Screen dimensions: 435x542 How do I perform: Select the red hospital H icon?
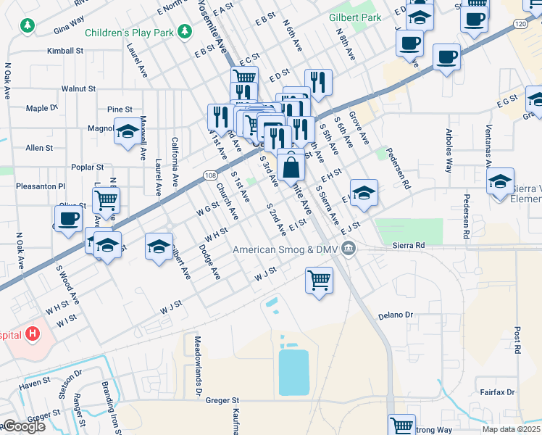32,333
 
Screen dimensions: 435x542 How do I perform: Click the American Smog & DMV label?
286,249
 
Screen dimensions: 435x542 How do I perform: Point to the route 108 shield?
209,175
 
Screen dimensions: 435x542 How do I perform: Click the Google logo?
23,426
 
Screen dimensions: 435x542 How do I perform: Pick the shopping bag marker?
290,166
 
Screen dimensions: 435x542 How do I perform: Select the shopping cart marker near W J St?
319,280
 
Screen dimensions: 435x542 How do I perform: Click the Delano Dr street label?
396,315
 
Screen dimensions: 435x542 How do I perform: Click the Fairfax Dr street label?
497,392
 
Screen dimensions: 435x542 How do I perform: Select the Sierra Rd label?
409,246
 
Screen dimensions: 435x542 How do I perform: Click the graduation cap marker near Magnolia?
128,131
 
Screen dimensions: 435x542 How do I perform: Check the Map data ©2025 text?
512,429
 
